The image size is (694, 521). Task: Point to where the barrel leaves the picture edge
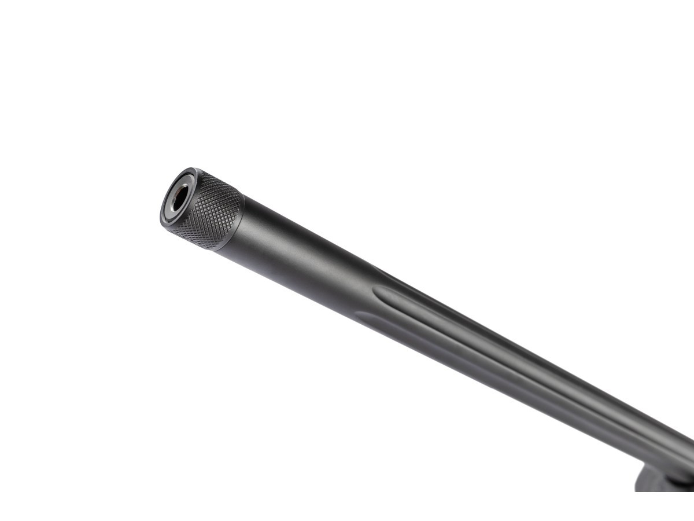692,457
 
